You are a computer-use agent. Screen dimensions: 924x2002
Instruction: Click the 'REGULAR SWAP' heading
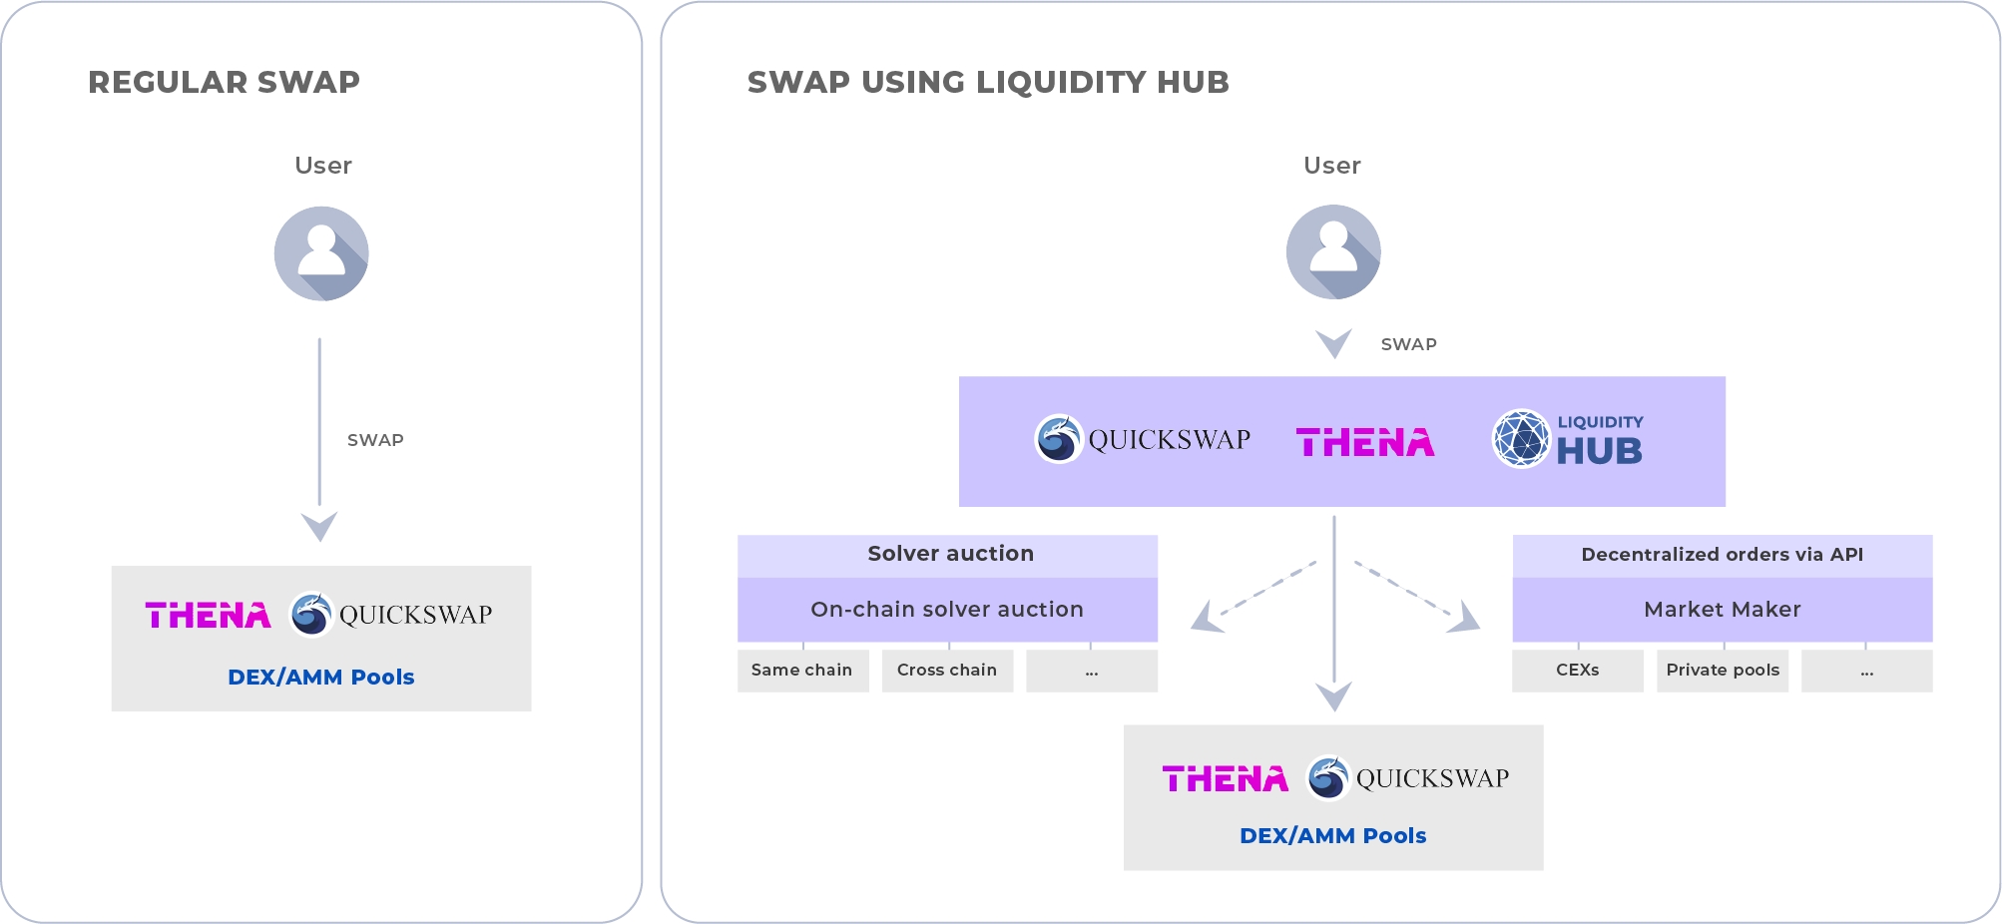224,82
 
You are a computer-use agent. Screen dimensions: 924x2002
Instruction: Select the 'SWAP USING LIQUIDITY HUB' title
988,82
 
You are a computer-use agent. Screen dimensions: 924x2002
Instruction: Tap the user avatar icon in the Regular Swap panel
321,253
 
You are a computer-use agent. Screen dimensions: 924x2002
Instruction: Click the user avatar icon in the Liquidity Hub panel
1333,251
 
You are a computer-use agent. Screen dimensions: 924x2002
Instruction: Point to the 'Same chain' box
802,671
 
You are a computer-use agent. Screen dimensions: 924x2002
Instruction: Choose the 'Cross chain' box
947,671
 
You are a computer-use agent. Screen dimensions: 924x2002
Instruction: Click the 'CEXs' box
1577,671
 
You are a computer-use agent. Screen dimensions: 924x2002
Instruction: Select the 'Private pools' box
1723,671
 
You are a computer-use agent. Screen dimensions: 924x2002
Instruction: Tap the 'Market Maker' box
1723,609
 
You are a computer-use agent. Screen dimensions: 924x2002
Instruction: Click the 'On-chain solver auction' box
947,609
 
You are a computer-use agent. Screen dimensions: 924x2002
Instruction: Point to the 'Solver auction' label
950,554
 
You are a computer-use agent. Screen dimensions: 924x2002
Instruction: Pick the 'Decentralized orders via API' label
1723,555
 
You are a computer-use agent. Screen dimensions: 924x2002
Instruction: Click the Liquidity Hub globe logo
1521,438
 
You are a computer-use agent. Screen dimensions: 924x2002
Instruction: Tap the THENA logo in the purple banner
1364,442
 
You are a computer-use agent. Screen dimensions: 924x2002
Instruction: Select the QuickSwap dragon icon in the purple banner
1058,439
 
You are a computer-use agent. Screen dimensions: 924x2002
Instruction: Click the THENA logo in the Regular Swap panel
208,615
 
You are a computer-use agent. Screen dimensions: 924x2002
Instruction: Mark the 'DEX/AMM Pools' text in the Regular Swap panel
321,677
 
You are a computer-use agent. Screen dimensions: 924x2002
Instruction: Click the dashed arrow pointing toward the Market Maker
1417,597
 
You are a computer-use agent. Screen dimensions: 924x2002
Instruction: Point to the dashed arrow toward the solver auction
1253,597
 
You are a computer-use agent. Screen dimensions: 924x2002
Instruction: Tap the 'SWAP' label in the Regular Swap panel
375,440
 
